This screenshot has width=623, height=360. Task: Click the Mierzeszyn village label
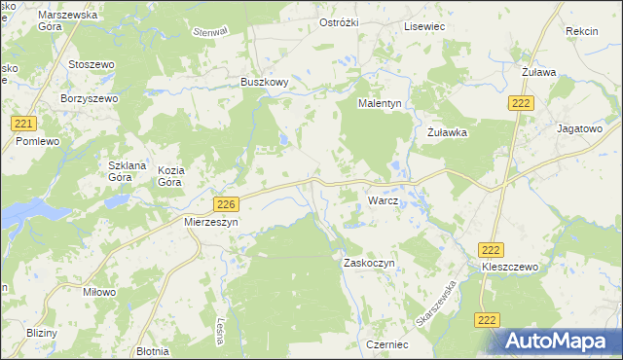coord(211,222)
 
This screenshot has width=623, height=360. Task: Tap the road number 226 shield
coord(226,203)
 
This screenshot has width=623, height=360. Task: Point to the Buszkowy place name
coord(264,83)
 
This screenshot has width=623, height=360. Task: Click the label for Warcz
coord(383,200)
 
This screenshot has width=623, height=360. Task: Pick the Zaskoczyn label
coord(367,263)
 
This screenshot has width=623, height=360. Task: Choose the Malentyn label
coord(381,103)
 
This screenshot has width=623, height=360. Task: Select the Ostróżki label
coord(342,22)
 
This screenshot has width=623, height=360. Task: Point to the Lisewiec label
coord(424,26)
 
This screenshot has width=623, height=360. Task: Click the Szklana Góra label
coord(127,171)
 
